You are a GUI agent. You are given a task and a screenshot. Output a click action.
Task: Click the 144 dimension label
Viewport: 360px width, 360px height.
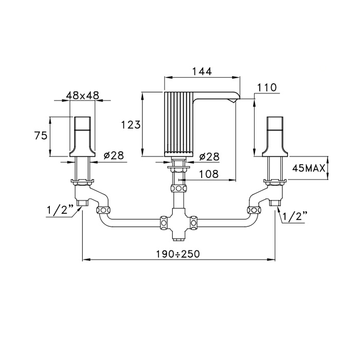[x=202, y=71]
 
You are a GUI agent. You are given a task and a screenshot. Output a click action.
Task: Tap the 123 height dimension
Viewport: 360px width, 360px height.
[x=131, y=125]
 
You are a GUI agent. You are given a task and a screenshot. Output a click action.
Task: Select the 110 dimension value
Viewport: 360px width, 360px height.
[x=267, y=87]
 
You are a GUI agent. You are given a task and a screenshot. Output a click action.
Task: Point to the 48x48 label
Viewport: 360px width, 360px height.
[x=82, y=95]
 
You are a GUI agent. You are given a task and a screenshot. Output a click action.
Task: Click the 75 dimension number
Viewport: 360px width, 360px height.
[x=41, y=135]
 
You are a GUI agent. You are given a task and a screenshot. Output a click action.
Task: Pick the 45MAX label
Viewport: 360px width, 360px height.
[x=309, y=168]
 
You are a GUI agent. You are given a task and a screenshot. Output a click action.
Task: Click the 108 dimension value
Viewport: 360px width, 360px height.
[x=208, y=174]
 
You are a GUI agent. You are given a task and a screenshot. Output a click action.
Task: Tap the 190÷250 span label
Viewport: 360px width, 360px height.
[x=178, y=254]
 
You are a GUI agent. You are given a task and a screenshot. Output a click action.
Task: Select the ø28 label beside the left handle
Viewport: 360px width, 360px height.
[x=114, y=155]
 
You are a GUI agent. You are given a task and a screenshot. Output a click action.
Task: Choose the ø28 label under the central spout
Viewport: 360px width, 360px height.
[x=209, y=157]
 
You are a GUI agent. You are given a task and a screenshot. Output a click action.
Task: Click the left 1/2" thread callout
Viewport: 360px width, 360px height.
[x=60, y=209]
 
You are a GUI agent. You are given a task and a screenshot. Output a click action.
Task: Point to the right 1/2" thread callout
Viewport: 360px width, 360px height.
[x=295, y=216]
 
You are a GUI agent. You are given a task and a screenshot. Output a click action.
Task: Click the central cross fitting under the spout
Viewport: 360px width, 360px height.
[x=178, y=223]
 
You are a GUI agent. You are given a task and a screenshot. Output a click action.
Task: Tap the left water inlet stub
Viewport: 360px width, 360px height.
[x=82, y=203]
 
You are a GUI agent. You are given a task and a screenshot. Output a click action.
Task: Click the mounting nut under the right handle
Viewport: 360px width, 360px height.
[x=276, y=182]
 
